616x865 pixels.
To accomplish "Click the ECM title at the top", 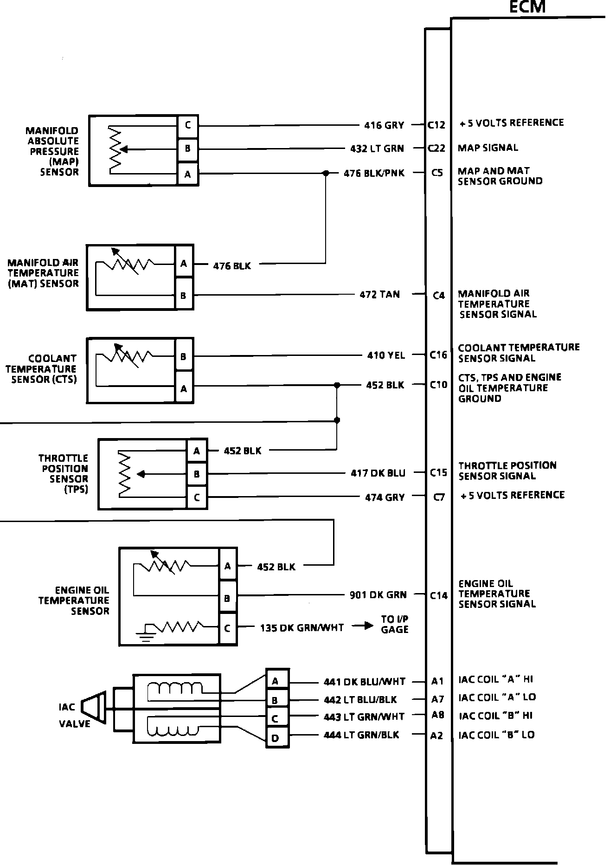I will pyautogui.click(x=527, y=7).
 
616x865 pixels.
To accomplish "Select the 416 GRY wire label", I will pyautogui.click(x=384, y=125).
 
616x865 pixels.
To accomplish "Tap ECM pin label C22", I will pyautogui.click(x=437, y=148).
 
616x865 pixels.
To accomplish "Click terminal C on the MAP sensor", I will pyautogui.click(x=188, y=125).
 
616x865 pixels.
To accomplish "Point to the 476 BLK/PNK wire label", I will pyautogui.click(x=374, y=173).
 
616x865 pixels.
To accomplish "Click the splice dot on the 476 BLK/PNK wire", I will pyautogui.click(x=326, y=173).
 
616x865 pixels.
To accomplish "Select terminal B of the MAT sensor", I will pyautogui.click(x=184, y=295).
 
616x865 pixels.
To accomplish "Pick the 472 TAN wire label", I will pyautogui.click(x=379, y=294).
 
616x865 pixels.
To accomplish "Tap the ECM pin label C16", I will pyautogui.click(x=438, y=355).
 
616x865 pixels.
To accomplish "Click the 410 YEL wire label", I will pyautogui.click(x=386, y=355).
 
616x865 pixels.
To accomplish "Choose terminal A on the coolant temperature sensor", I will pyautogui.click(x=184, y=388).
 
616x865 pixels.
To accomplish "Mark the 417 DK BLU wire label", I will pyautogui.click(x=378, y=473).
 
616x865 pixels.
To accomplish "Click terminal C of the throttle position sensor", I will pyautogui.click(x=197, y=497).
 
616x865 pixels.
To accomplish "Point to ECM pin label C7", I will pyautogui.click(x=439, y=497).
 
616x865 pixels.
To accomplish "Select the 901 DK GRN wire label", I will pyautogui.click(x=378, y=594).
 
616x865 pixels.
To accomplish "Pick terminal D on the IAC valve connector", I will pyautogui.click(x=275, y=738).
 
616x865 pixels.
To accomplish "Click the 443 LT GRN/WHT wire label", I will pyautogui.click(x=364, y=717).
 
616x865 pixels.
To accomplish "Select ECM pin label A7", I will pyautogui.click(x=437, y=699).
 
